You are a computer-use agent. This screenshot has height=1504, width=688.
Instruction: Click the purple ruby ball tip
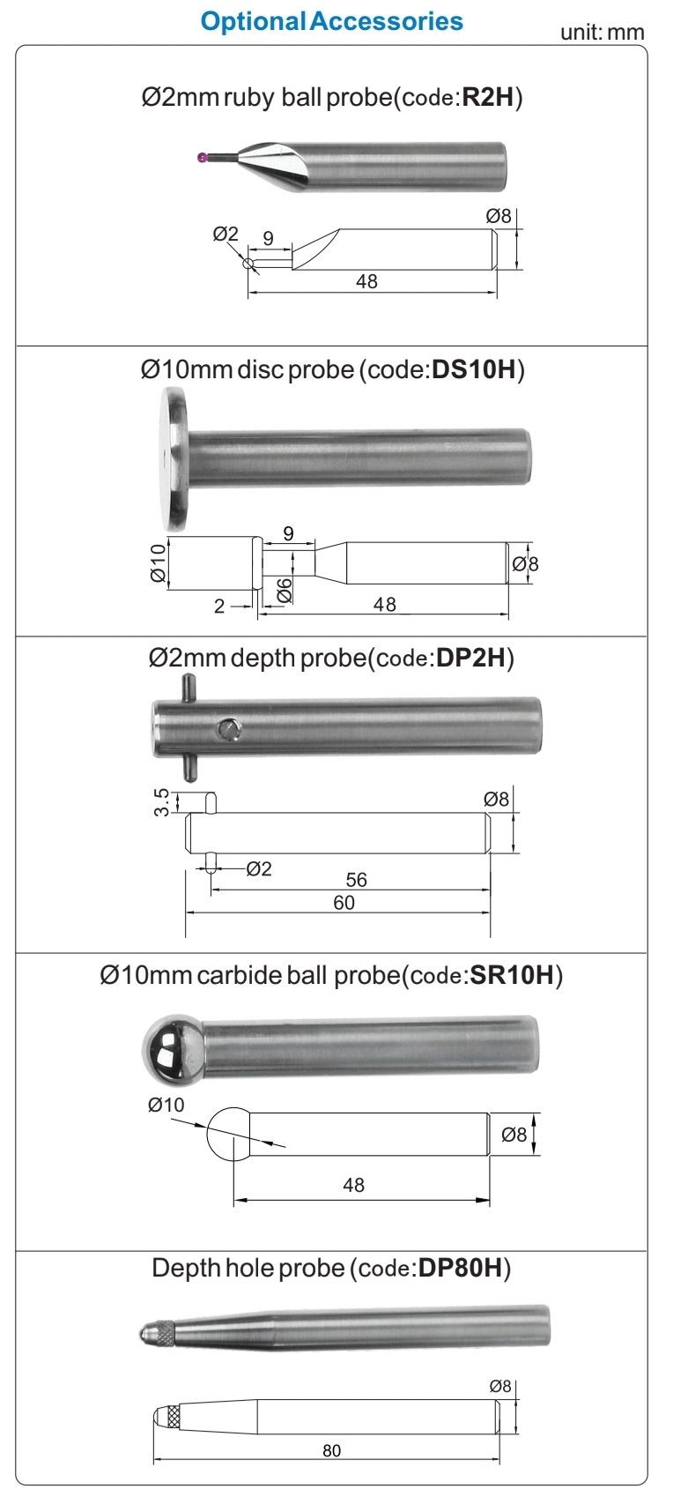[x=202, y=158]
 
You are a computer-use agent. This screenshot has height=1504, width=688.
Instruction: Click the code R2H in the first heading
[x=488, y=97]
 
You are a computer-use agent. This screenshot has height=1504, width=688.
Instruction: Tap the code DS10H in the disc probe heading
[x=475, y=369]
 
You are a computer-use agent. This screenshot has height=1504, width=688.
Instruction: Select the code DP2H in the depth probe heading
[x=471, y=658]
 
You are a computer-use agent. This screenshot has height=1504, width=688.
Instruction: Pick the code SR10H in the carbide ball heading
[x=512, y=975]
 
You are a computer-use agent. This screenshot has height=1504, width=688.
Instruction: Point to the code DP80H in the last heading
[x=461, y=1268]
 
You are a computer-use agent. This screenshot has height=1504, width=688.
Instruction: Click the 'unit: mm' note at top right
[x=602, y=33]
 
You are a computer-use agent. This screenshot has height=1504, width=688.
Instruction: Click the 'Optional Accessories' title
[x=331, y=21]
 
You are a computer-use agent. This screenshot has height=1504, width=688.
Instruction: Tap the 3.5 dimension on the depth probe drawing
[x=161, y=802]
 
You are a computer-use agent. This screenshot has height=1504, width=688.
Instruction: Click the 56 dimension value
[x=357, y=880]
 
